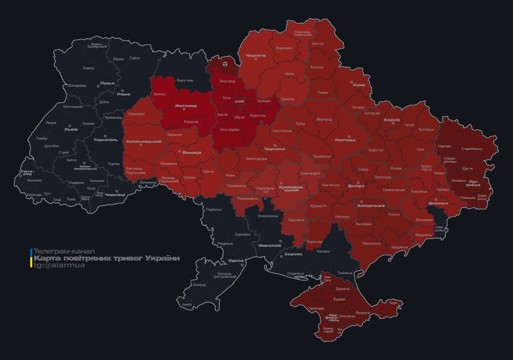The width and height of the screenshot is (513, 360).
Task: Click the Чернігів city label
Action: (x=256, y=55)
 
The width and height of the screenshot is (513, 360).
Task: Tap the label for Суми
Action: (x=359, y=85)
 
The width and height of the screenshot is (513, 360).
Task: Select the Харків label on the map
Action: (x=392, y=120)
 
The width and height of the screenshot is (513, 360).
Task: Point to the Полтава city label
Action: (x=346, y=140)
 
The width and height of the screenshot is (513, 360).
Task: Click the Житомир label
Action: (x=186, y=106)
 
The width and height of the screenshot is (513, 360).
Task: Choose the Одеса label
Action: (x=235, y=261)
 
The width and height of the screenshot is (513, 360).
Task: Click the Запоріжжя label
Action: (x=371, y=205)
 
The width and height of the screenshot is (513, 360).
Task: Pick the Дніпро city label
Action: (x=356, y=186)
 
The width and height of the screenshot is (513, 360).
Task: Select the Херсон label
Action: (x=294, y=254)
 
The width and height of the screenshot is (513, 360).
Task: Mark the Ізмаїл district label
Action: (x=187, y=304)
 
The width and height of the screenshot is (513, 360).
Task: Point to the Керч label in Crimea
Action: (x=393, y=303)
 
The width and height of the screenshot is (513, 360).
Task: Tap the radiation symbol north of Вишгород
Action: (x=225, y=63)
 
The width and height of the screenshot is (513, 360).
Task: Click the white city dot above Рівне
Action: (x=123, y=91)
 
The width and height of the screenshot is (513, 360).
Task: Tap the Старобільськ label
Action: (x=472, y=149)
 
